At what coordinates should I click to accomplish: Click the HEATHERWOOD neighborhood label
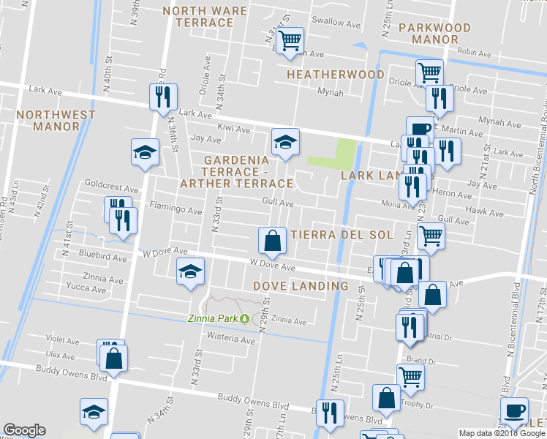point(336,75)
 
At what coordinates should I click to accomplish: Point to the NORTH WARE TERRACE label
point(198,17)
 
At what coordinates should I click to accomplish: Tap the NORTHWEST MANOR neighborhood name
point(56,121)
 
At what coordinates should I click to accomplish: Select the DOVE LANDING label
point(301,285)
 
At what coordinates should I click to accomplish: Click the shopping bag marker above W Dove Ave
point(272,239)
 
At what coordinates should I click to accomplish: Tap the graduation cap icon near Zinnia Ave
point(190,273)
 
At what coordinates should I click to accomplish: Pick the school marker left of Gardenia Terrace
point(145,152)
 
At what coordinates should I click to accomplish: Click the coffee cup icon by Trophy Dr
point(513,410)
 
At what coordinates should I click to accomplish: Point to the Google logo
point(24,430)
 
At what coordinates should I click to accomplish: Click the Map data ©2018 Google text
point(502,433)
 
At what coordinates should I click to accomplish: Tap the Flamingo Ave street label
point(175,211)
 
